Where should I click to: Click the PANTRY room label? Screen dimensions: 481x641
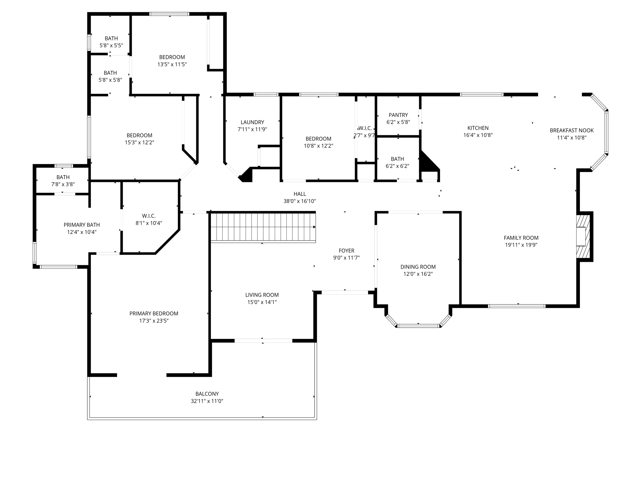pyautogui.click(x=398, y=115)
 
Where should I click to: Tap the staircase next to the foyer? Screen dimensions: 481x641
pyautogui.click(x=263, y=227)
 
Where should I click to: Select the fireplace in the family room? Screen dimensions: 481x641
pyautogui.click(x=583, y=236)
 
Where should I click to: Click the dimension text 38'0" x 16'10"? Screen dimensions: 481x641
pyautogui.click(x=300, y=201)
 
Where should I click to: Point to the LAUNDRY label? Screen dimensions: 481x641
pyautogui.click(x=252, y=122)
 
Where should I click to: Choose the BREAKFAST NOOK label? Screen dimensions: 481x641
pyautogui.click(x=572, y=130)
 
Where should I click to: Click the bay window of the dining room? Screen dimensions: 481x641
pyautogui.click(x=418, y=326)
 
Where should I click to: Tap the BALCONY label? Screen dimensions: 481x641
pyautogui.click(x=207, y=394)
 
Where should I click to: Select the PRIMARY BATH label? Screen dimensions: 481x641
pyautogui.click(x=82, y=225)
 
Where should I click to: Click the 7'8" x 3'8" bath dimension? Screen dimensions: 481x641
pyautogui.click(x=63, y=184)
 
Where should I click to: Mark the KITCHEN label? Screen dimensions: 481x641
pyautogui.click(x=478, y=128)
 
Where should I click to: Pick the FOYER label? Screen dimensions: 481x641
pyautogui.click(x=346, y=251)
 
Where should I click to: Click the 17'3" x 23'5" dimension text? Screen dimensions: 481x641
pyautogui.click(x=154, y=321)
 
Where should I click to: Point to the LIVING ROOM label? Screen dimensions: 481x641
pyautogui.click(x=262, y=295)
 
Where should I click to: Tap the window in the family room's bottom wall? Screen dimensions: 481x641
pyautogui.click(x=517, y=306)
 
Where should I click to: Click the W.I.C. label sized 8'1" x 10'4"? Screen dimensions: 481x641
pyautogui.click(x=149, y=216)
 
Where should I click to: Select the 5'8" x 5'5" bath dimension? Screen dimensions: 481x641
pyautogui.click(x=111, y=45)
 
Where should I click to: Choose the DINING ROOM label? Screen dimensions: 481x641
pyautogui.click(x=418, y=267)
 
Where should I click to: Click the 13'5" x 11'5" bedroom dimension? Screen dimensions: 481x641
pyautogui.click(x=172, y=65)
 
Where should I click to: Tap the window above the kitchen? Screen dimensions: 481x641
pyautogui.click(x=481, y=94)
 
